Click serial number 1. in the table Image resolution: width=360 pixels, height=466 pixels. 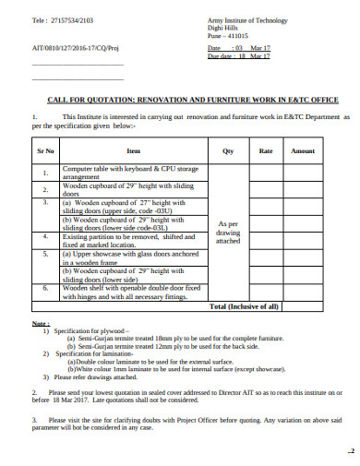(45, 173)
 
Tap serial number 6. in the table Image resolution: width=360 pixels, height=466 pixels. (45, 289)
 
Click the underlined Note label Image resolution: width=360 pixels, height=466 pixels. (41, 326)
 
